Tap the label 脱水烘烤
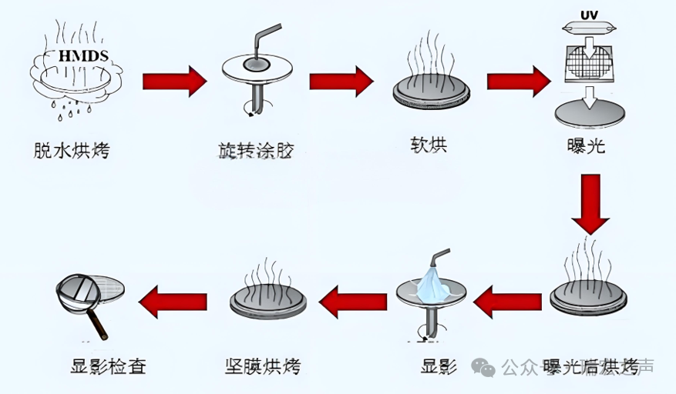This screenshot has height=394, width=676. pyautogui.click(x=72, y=149)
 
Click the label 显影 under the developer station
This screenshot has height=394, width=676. pyautogui.click(x=439, y=366)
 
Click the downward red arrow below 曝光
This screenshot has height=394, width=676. pyautogui.click(x=591, y=203)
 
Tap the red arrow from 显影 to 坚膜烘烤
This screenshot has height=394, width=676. pyautogui.click(x=352, y=302)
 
